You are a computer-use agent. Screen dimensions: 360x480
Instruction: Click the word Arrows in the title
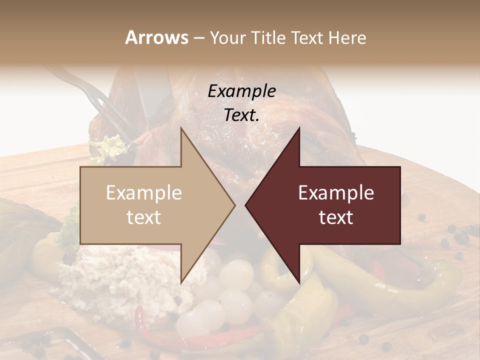[x=156, y=37]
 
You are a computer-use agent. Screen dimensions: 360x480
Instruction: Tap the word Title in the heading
[x=267, y=37]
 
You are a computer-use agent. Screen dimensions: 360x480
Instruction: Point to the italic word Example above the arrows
[x=241, y=91]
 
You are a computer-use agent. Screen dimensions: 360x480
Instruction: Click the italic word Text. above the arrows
[x=241, y=115]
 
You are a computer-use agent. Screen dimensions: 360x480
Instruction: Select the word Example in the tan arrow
[x=144, y=192]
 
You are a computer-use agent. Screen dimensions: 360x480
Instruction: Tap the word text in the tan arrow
[x=144, y=217]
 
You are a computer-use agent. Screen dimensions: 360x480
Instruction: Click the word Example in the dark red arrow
[x=336, y=192]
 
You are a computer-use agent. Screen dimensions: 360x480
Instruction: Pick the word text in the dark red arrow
[x=336, y=217]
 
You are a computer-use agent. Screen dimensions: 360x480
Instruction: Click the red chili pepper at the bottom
[x=150, y=332]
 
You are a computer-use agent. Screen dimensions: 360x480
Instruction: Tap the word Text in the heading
[x=308, y=37]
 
